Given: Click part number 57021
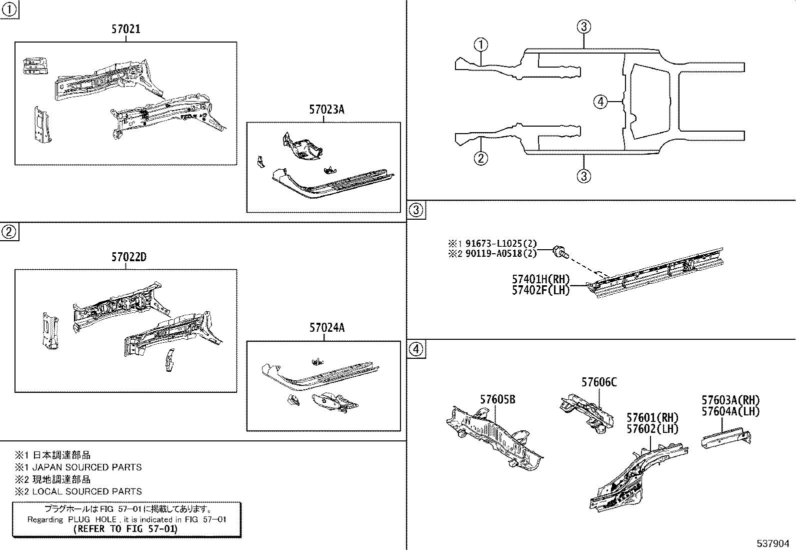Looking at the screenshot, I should click(125, 30).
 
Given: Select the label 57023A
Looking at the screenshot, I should click(326, 110).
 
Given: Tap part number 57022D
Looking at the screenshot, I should click(128, 257).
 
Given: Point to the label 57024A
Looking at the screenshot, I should click(326, 328).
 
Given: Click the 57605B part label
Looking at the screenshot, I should click(497, 399).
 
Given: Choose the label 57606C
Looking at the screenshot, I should click(598, 382).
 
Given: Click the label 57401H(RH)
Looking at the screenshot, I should click(540, 280).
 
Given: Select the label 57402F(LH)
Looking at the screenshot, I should click(540, 290).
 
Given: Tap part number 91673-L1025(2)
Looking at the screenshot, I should click(500, 244).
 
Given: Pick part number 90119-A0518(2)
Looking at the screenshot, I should click(500, 253).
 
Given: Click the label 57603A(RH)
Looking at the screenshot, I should click(730, 400).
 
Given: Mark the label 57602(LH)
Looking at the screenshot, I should click(652, 429).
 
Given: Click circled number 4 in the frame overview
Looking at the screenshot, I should click(600, 102).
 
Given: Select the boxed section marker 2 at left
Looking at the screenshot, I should click(9, 232).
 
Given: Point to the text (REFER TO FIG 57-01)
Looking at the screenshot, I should click(125, 528).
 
